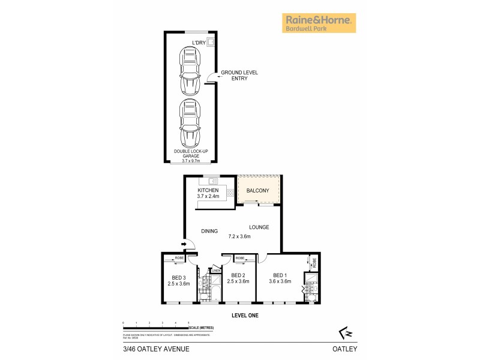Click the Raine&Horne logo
point(319,23)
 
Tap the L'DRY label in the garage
point(199,42)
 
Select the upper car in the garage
point(189,71)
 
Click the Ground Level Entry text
point(239,75)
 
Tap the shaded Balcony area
point(259,190)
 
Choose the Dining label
point(209,230)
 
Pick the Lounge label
point(259,227)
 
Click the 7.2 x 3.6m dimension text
point(239,236)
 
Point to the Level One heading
point(245,314)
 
